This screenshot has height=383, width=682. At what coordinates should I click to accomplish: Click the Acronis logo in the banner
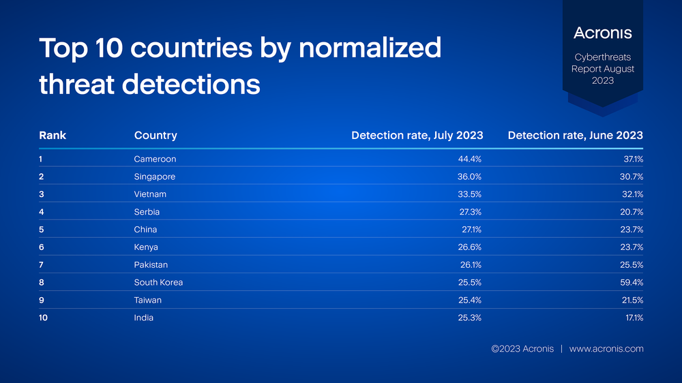602,33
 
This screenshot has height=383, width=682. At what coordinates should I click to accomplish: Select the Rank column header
53,135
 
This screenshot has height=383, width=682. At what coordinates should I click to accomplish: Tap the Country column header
155,136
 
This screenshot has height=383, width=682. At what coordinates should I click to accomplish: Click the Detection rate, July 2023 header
417,135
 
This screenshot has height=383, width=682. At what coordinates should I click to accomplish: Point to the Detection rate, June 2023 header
575,135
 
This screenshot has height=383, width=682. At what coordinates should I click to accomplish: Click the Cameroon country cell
155,159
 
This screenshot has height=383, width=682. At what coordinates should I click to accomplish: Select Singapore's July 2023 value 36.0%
469,177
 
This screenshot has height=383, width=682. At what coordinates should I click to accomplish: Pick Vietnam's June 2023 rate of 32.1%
632,194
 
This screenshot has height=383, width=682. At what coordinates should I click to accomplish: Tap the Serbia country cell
147,212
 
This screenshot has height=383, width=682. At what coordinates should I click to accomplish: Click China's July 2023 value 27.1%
471,230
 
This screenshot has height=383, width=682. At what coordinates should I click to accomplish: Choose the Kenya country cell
146,247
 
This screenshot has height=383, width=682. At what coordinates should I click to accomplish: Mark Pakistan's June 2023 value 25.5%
632,264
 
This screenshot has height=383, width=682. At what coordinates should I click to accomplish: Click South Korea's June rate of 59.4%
632,283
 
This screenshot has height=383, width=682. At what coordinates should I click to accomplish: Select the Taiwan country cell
147,300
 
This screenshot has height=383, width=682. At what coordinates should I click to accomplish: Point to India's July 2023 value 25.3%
469,318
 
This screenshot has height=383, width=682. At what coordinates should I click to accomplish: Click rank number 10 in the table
43,318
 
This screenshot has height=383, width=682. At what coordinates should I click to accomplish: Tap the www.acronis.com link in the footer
606,349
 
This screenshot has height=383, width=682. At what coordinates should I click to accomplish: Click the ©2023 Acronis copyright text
522,349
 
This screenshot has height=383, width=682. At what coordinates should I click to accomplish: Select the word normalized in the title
370,48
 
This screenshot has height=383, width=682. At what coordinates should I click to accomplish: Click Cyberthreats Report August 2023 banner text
602,69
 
